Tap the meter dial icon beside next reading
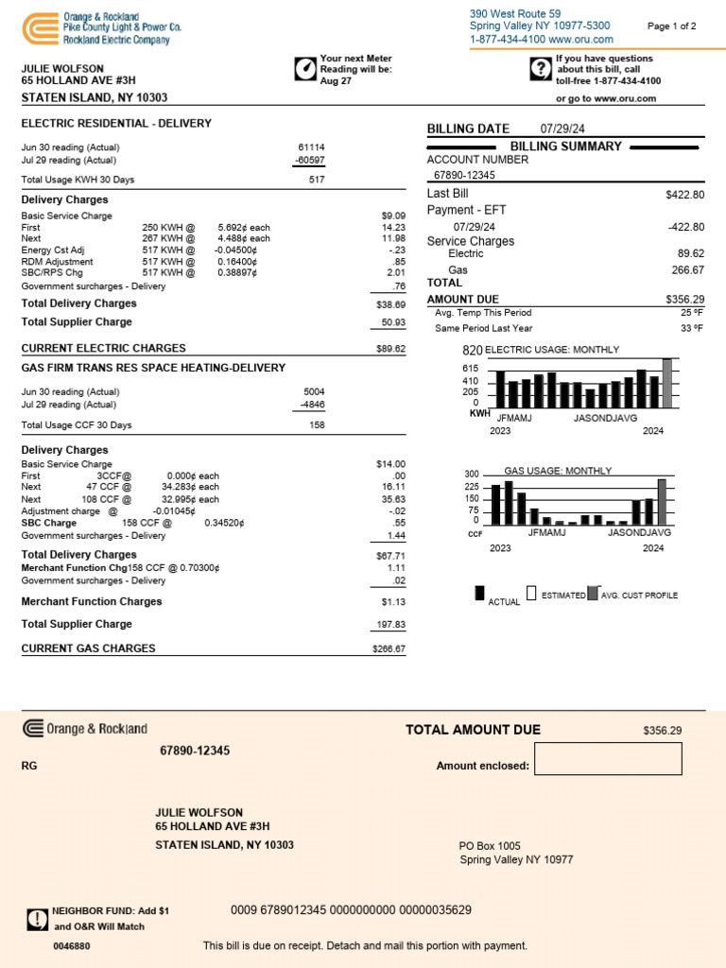(305, 69)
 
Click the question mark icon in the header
(540, 68)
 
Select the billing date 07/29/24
(563, 129)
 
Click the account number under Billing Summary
(464, 175)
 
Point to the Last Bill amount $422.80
(684, 195)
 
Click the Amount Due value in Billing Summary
(684, 299)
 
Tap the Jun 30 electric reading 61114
(310, 147)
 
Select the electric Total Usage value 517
(316, 180)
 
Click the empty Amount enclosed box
(608, 759)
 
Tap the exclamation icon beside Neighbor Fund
(37, 919)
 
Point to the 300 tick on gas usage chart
(472, 474)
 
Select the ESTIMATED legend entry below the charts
(557, 596)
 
